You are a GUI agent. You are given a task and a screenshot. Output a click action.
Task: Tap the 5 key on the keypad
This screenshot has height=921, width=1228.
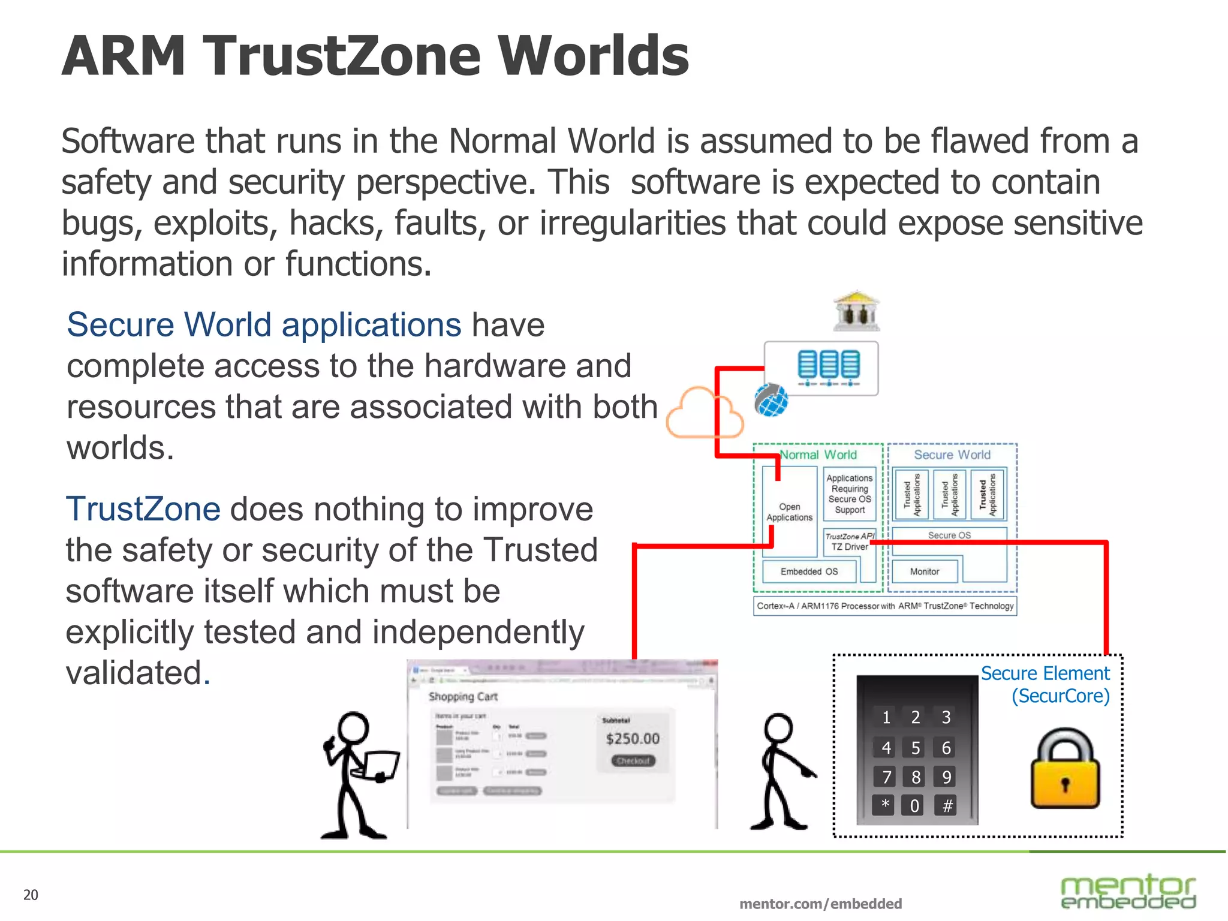click(x=916, y=748)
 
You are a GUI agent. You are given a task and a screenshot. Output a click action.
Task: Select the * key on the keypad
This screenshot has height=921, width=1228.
click(x=885, y=805)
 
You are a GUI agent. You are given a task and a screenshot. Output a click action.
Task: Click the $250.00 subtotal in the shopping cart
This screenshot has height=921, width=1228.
click(x=633, y=738)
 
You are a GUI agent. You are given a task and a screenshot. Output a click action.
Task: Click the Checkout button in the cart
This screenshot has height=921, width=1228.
click(x=633, y=761)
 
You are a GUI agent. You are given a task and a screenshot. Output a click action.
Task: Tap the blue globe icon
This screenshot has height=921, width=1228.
click(x=771, y=400)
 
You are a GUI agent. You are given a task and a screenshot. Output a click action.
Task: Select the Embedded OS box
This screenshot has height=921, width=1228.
click(x=809, y=571)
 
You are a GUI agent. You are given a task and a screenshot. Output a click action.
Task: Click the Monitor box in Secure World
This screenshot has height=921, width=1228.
click(x=925, y=571)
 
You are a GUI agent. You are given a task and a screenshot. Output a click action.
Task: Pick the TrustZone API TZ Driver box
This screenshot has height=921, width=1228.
click(x=850, y=541)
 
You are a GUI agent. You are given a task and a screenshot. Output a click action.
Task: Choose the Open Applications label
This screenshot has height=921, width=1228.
click(x=789, y=512)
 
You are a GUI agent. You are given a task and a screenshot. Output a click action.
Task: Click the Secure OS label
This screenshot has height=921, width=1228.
click(x=949, y=535)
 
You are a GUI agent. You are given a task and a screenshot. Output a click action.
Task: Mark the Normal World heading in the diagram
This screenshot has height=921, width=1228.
click(x=818, y=455)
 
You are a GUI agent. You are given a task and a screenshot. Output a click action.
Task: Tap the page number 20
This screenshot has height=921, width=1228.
click(x=31, y=895)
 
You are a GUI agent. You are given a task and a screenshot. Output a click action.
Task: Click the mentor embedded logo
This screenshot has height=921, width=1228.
click(x=1128, y=892)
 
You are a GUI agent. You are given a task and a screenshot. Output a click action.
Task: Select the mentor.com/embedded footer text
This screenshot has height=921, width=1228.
click(x=820, y=904)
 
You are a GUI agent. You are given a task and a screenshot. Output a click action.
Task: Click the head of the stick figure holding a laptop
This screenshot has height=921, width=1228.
click(x=353, y=729)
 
